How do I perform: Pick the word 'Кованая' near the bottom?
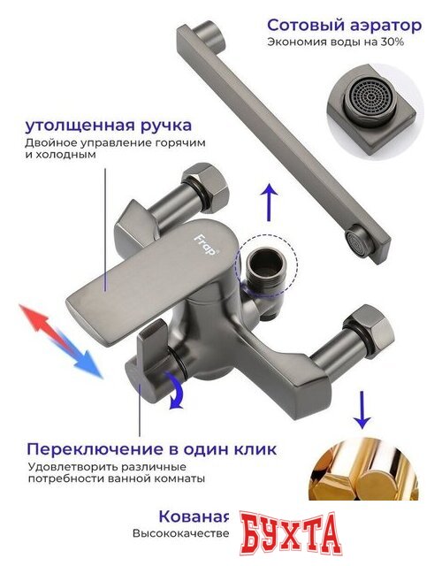click(194, 516)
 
